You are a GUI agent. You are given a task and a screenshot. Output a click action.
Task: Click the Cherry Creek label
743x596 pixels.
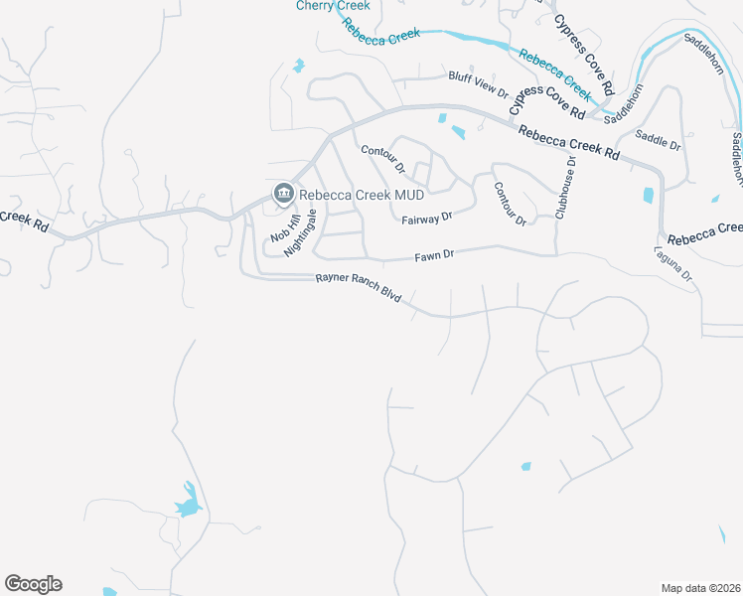[x=333, y=6]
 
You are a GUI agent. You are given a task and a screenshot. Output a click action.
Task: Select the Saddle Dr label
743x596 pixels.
[x=658, y=140]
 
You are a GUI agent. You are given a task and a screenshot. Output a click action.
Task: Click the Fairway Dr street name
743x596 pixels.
[x=427, y=217]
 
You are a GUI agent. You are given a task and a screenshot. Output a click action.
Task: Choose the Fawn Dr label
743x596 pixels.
[x=434, y=255]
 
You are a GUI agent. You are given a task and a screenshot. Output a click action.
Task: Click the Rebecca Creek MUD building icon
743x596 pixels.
[x=283, y=194]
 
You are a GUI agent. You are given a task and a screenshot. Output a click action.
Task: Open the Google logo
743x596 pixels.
[x=33, y=584]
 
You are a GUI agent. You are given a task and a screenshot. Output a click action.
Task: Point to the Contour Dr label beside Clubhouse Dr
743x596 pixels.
[x=509, y=204]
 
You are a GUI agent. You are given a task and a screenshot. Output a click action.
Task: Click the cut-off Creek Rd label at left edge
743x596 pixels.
[x=24, y=221]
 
